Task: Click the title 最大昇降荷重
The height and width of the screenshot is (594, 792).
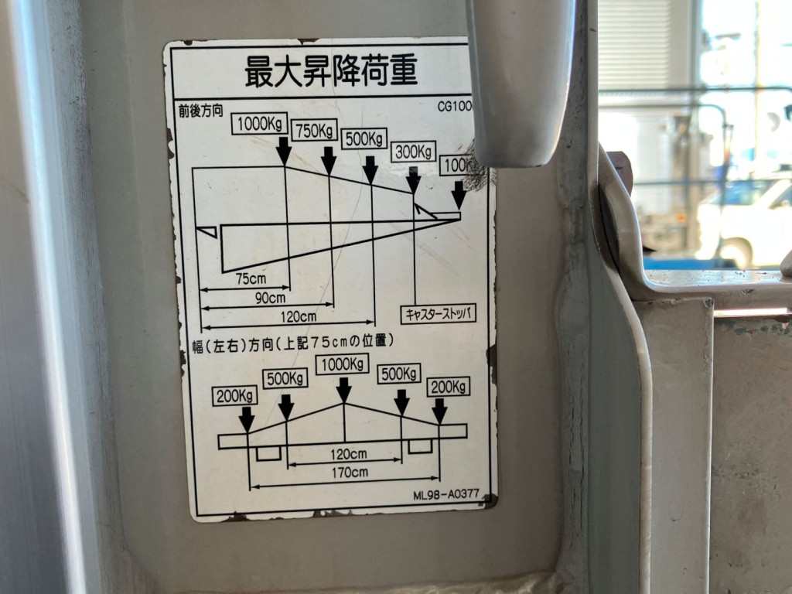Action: pyautogui.click(x=331, y=72)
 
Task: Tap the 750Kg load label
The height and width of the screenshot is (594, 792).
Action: pyautogui.click(x=315, y=130)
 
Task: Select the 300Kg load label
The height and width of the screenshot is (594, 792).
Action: pyautogui.click(x=413, y=152)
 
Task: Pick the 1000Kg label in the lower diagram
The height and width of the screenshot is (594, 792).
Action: pyautogui.click(x=342, y=364)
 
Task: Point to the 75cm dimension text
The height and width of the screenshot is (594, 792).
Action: pyautogui.click(x=251, y=278)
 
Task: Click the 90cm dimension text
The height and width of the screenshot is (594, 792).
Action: pyautogui.click(x=270, y=297)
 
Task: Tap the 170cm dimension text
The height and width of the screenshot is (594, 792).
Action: pyautogui.click(x=349, y=472)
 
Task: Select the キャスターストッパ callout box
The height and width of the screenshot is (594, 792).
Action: pyautogui.click(x=438, y=313)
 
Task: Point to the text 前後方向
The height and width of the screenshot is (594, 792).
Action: pyautogui.click(x=201, y=111)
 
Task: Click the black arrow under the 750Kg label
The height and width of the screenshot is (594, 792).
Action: pyautogui.click(x=329, y=160)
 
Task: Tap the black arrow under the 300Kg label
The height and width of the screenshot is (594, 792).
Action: pyautogui.click(x=414, y=179)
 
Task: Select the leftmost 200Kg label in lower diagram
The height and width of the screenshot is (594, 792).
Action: pyautogui.click(x=236, y=395)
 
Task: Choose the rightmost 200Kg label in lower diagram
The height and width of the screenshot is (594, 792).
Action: pyautogui.click(x=448, y=386)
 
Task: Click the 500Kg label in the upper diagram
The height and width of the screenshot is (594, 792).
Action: pyautogui.click(x=364, y=139)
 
